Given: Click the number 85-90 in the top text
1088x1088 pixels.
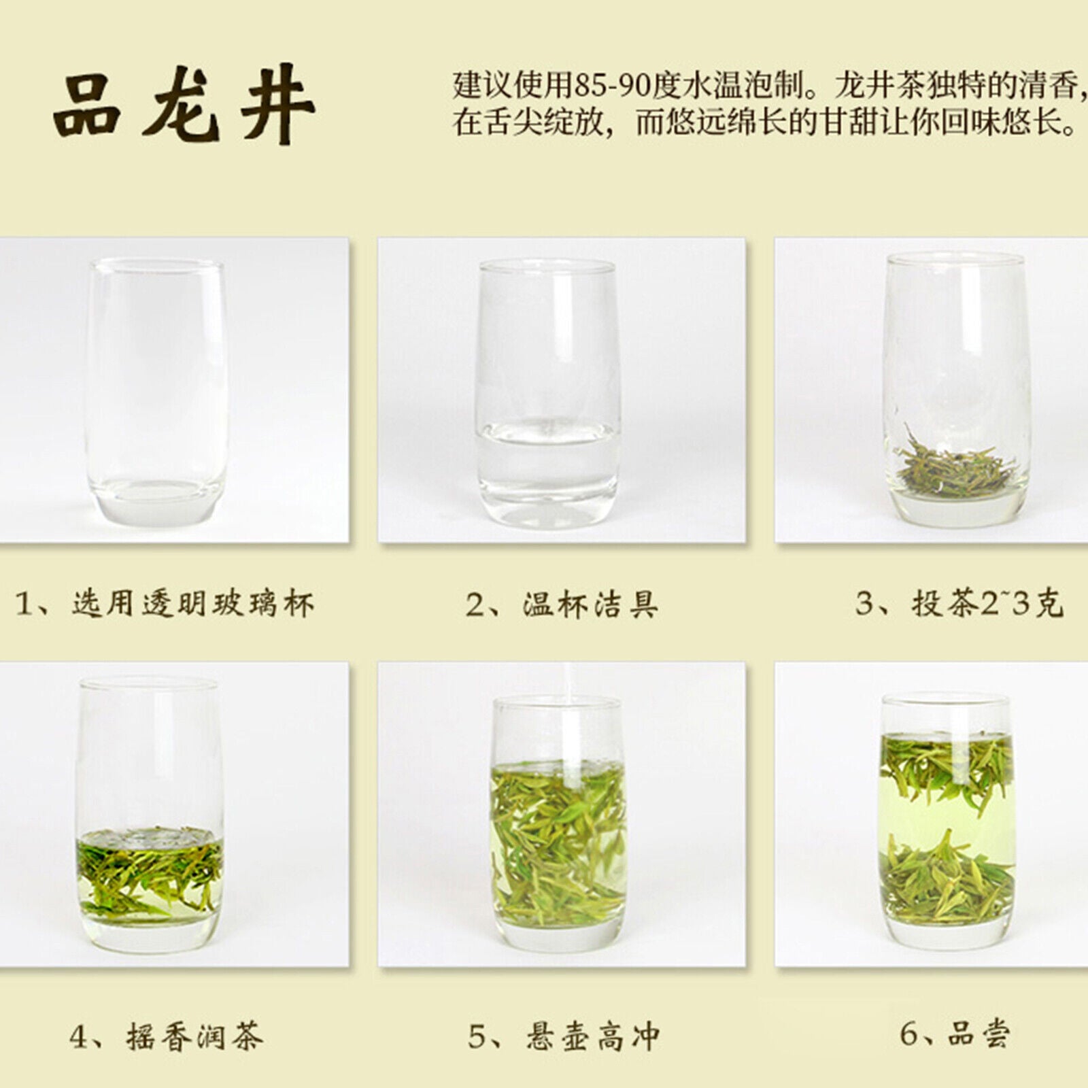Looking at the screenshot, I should point(609,88).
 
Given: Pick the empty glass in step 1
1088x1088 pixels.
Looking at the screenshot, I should point(155,381).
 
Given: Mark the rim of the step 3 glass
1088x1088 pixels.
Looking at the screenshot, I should point(955,259).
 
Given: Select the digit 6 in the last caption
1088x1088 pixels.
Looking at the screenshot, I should point(910,1034).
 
